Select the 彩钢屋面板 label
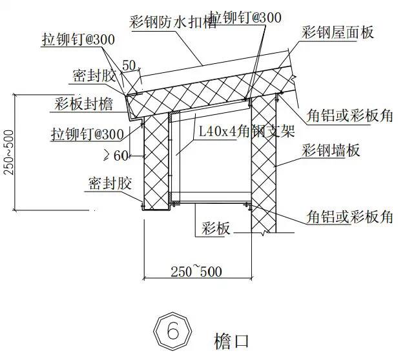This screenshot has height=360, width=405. point(337,32)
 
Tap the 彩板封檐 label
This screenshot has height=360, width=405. point(85,103)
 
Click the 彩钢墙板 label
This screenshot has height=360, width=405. point(331,151)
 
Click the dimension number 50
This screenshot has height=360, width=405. point(129,65)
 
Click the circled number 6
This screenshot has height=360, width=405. point(173,332)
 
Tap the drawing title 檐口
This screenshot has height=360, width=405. point(231,340)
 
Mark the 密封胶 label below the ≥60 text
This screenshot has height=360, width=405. point(110,183)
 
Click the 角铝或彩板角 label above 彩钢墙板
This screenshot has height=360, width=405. point(350,116)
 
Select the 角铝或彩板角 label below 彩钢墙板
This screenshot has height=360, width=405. point(349,217)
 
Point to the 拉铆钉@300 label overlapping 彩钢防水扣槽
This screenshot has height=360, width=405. point(245,18)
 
